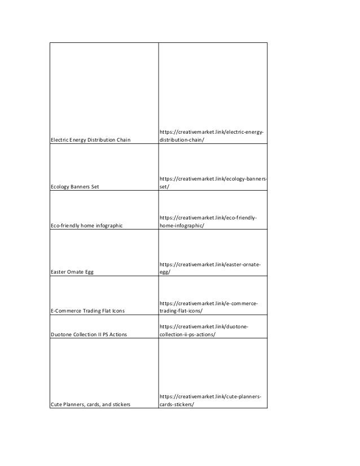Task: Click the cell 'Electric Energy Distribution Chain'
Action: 90,140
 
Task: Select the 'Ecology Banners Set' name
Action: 74,186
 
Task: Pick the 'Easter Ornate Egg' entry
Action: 72,272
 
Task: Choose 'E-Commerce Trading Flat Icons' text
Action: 87,311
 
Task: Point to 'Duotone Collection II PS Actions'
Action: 89,335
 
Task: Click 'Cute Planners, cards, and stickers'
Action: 90,405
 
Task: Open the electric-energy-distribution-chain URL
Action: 212,136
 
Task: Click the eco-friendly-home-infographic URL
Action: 208,222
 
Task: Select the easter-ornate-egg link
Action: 210,268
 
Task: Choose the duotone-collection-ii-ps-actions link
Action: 204,331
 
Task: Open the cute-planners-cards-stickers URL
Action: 210,401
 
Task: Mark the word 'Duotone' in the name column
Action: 62,335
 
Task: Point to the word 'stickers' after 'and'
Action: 120,405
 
